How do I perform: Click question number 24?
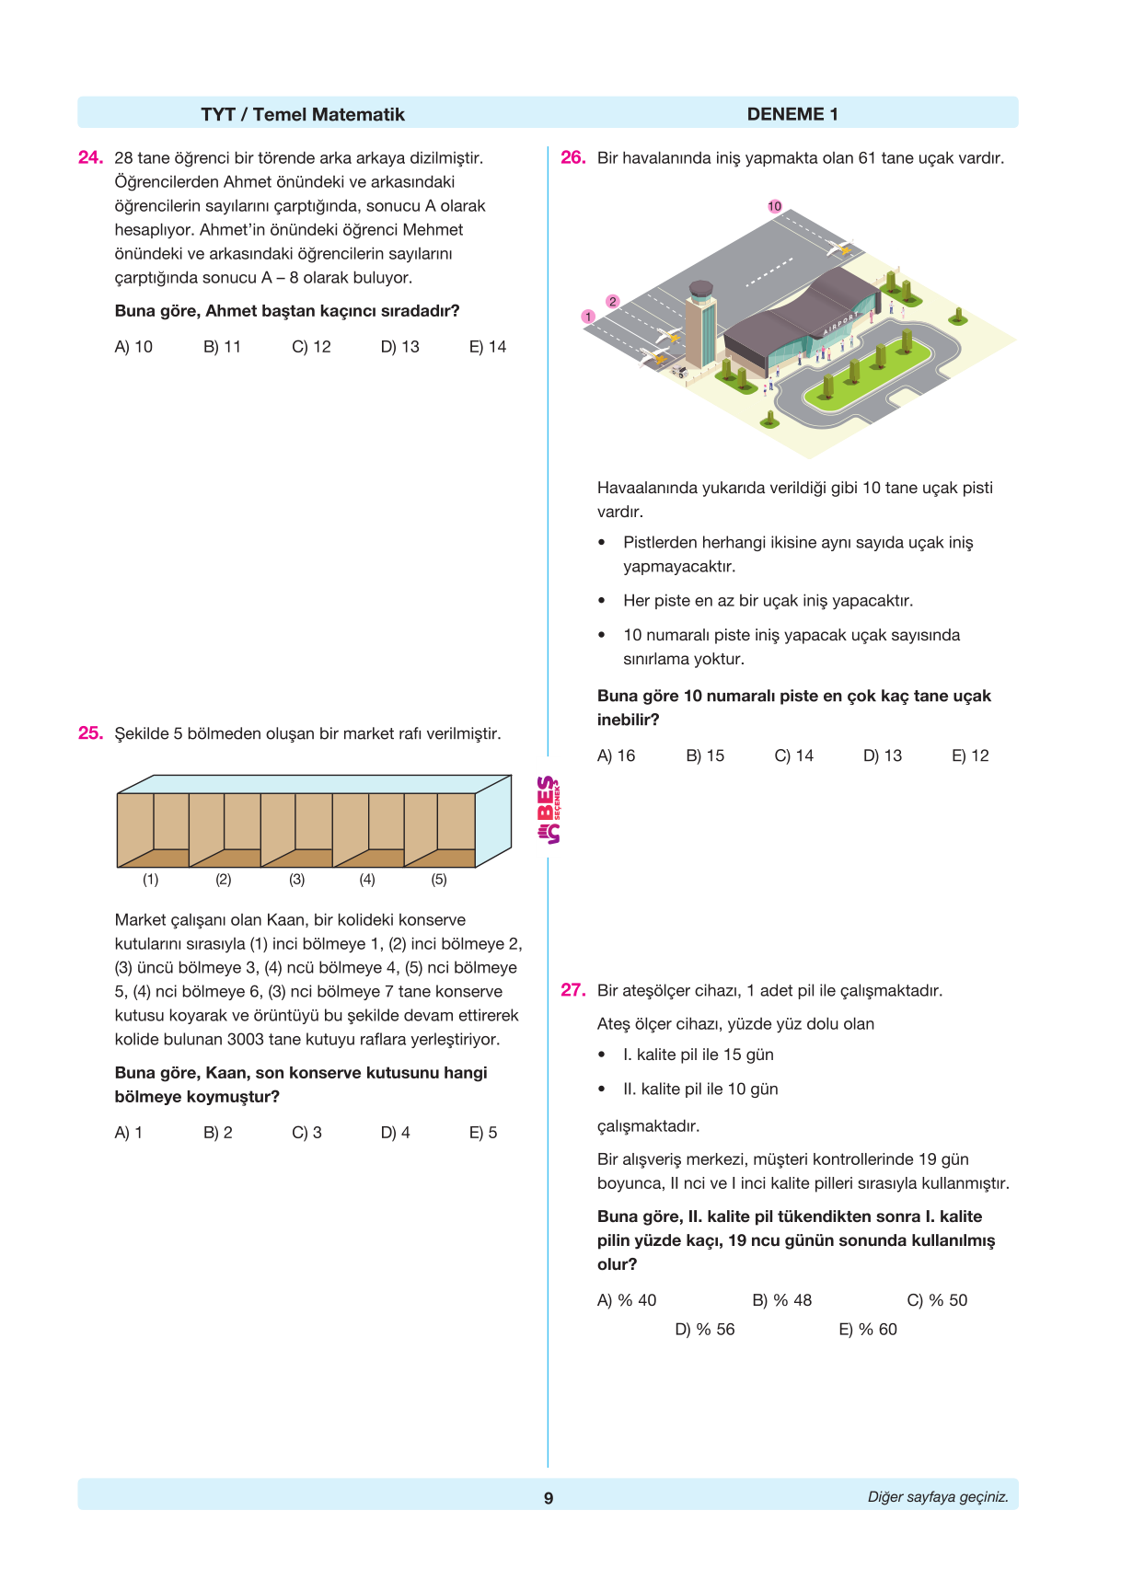click(90, 157)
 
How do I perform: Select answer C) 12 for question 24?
click(311, 347)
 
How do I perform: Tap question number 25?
click(90, 733)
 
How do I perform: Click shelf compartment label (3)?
click(296, 880)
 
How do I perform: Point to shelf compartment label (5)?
click(439, 880)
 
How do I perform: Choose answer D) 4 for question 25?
click(395, 1133)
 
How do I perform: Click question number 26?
click(572, 157)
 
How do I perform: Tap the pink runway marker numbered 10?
click(775, 206)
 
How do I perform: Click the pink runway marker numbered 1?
click(588, 317)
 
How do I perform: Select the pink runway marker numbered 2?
click(613, 302)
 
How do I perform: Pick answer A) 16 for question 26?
click(616, 755)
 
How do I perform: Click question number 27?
click(572, 990)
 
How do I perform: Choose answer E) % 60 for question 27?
click(867, 1329)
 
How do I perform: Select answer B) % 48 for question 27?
click(781, 1300)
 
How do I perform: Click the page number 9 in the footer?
click(549, 1498)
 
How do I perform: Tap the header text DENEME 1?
click(792, 114)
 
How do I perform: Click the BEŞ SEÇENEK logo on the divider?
click(549, 810)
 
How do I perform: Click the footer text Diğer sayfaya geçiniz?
click(937, 1497)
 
